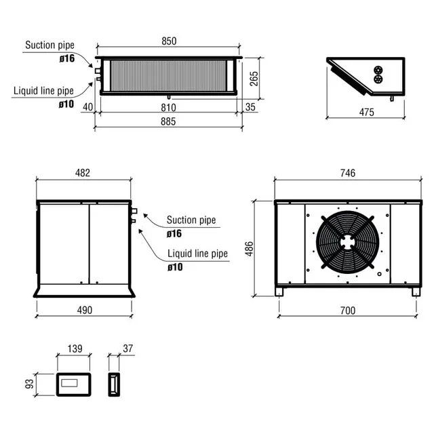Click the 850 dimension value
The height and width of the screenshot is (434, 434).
tap(168, 41)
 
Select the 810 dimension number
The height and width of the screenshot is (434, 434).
tap(168, 107)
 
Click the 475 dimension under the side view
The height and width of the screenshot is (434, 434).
tap(366, 112)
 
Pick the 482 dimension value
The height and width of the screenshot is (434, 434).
tap(82, 173)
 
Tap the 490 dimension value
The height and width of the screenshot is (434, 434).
tap(83, 310)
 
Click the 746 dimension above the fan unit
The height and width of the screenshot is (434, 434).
tap(347, 173)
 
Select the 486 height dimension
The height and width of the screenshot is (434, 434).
tap(249, 248)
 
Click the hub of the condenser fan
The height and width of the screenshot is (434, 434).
tap(347, 242)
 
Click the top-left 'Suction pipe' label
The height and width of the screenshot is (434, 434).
tap(50, 45)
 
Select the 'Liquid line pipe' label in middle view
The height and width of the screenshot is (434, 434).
tap(198, 254)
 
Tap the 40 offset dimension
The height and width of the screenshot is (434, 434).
tap(86, 107)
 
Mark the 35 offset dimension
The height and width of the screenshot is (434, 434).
tap(251, 107)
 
